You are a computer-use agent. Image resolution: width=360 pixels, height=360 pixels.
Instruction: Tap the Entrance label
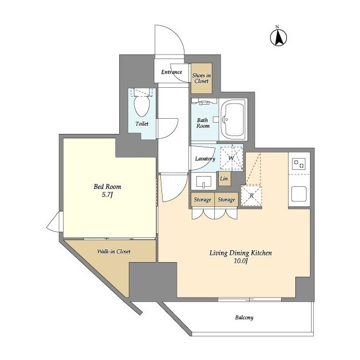pos(172,72)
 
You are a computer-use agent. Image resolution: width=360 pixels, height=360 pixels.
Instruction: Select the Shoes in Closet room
pos(201,78)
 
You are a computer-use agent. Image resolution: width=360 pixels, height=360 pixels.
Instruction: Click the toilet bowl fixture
pos(142,106)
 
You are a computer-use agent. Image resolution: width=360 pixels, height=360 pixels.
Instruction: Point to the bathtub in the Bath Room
pos(233,119)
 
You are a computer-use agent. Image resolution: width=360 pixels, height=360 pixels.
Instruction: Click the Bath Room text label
pos(203,123)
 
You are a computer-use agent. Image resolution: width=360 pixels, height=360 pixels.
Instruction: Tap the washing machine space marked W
pos(231,158)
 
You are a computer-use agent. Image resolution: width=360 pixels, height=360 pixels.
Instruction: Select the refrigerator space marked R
pos(251,196)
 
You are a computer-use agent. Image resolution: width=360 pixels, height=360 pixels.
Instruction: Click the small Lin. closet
pos(224,178)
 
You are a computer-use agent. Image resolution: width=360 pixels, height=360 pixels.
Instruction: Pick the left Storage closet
pos(202,200)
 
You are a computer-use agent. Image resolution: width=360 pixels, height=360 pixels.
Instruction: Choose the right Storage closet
pos(227,200)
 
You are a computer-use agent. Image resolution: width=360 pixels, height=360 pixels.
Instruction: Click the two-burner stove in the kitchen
pos(299,164)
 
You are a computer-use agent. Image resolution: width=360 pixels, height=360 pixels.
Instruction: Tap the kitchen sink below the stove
pos(299,194)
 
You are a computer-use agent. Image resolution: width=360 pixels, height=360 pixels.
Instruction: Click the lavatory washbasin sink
pos(204,182)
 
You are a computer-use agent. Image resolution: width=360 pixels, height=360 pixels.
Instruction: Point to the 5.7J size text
pos(107,195)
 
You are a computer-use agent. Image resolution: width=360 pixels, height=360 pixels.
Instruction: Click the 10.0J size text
pos(241,261)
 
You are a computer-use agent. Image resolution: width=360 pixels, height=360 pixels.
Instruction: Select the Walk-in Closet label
pos(114,251)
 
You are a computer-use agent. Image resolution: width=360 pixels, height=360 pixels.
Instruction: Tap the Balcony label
pos(244,318)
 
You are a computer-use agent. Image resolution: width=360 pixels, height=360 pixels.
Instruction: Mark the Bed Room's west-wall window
pos(55,222)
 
